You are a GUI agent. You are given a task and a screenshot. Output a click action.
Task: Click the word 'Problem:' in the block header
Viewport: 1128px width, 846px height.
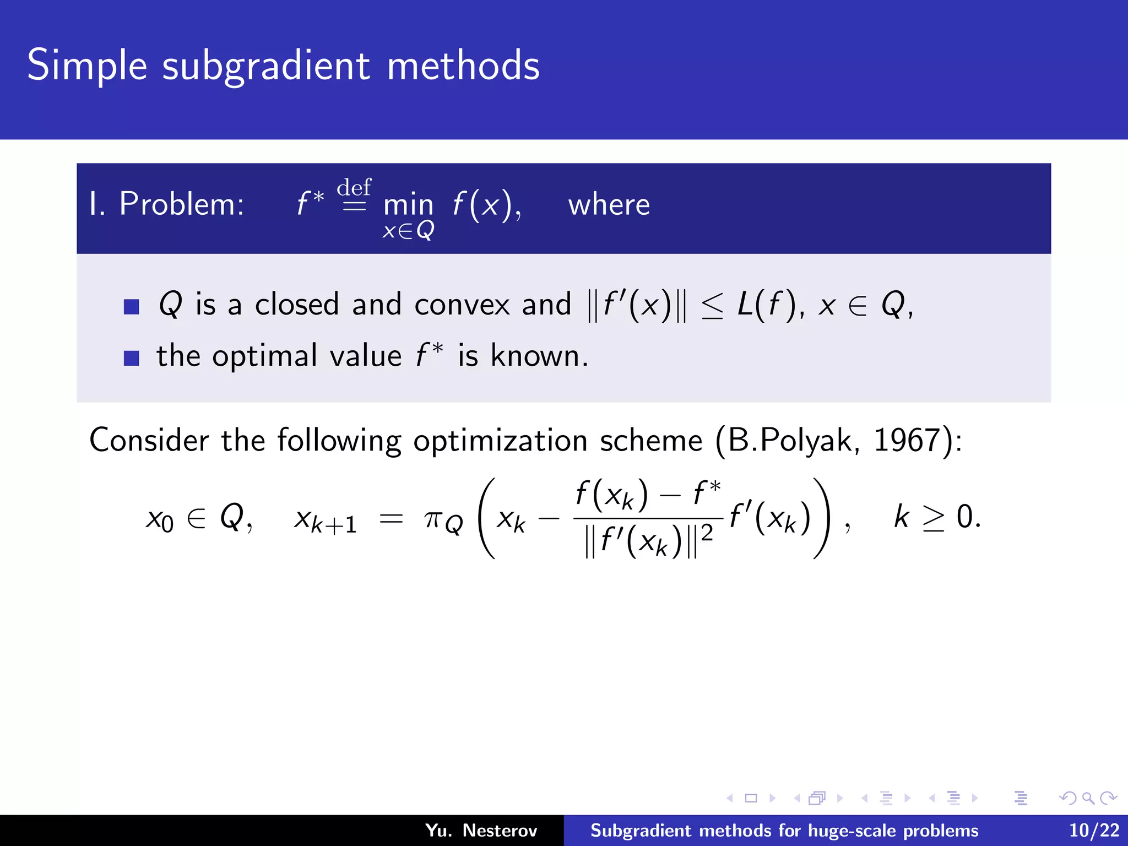182,205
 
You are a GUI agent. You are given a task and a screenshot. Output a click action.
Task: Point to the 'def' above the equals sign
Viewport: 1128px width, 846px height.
354,187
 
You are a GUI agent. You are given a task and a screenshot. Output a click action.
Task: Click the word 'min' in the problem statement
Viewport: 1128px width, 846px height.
408,205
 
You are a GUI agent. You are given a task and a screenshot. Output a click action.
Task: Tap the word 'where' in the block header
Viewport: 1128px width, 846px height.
609,205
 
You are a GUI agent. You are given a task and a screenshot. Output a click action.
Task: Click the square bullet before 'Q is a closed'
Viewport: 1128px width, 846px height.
132,307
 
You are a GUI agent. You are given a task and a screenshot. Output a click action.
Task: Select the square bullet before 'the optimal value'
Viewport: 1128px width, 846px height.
132,359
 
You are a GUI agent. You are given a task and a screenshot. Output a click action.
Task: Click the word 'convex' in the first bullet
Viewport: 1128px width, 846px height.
462,305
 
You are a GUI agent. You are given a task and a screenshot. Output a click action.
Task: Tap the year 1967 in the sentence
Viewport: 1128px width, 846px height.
906,441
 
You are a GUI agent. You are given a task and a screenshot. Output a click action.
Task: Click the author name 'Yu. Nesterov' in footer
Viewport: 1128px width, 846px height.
481,831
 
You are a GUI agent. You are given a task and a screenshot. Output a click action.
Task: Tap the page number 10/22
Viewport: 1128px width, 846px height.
1094,831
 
